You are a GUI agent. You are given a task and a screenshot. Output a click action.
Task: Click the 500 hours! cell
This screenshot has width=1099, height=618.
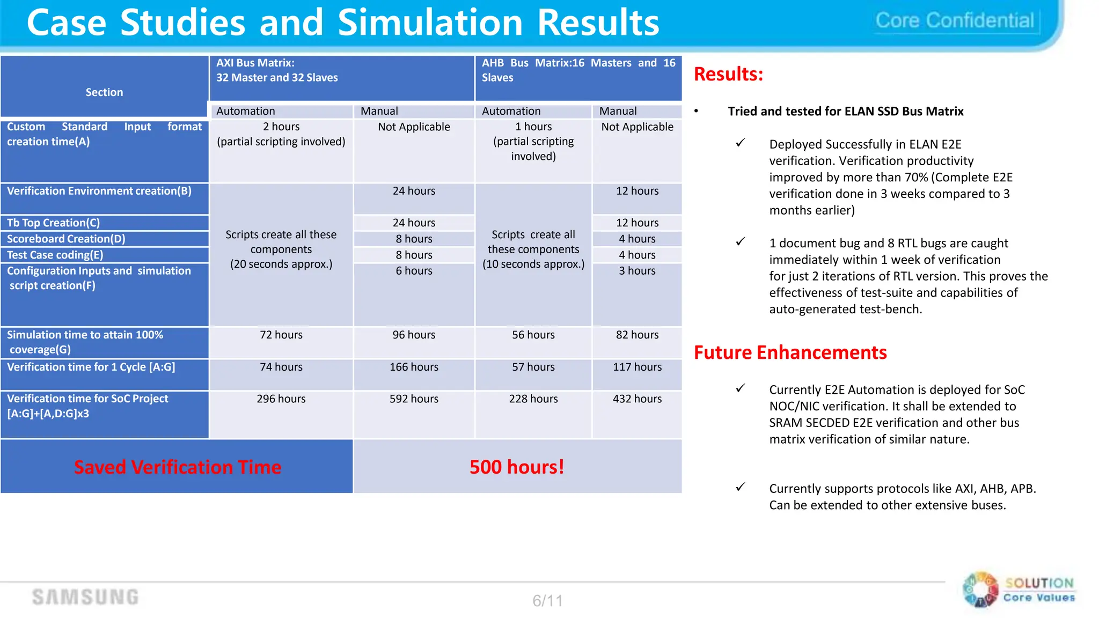click(x=517, y=467)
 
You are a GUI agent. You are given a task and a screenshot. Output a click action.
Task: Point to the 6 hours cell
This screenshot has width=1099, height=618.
click(x=414, y=271)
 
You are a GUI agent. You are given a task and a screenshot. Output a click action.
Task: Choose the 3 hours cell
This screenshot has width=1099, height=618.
click(x=637, y=271)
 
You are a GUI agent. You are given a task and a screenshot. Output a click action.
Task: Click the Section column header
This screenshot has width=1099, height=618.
click(x=104, y=92)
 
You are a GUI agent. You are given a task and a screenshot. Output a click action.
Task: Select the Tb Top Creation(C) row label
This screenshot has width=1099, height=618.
click(x=54, y=223)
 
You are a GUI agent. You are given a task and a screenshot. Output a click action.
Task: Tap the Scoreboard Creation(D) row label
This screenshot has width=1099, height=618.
click(x=66, y=239)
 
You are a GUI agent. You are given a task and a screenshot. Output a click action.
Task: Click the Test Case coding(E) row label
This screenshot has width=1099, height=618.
click(x=55, y=255)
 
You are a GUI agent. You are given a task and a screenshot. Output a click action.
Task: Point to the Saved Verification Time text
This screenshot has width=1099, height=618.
click(x=177, y=467)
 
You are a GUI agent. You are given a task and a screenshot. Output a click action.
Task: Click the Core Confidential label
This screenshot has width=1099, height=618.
click(x=954, y=21)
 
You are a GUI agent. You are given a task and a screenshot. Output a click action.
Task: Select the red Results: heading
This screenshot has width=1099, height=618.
click(x=728, y=74)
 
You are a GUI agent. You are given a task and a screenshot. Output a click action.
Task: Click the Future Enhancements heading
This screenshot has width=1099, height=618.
click(x=790, y=352)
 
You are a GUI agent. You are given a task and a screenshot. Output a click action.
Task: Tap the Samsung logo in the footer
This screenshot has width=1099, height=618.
click(x=85, y=597)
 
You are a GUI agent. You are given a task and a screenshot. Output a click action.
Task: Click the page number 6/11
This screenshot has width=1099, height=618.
click(x=547, y=601)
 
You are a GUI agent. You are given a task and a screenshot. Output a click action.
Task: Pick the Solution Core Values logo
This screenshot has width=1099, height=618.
click(x=1019, y=590)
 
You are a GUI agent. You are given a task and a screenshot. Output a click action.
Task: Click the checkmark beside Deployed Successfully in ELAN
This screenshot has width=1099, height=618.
click(x=741, y=143)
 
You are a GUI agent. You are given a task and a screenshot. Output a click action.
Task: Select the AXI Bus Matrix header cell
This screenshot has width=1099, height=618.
click(x=342, y=78)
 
